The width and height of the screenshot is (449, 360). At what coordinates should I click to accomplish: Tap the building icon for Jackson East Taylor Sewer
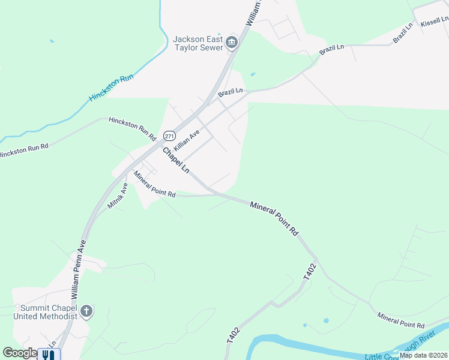pyautogui.click(x=232, y=43)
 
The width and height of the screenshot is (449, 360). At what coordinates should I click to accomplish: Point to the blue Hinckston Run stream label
pyautogui.click(x=111, y=88)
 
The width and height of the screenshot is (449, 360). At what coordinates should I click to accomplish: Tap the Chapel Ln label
pyautogui.click(x=175, y=160)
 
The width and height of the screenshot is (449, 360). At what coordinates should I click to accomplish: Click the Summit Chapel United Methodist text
pyautogui.click(x=45, y=311)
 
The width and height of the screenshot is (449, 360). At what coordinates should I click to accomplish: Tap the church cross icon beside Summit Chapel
pyautogui.click(x=86, y=311)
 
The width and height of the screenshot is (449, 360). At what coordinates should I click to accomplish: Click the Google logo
pyautogui.click(x=19, y=353)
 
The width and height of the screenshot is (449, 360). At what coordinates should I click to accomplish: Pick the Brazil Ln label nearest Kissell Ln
pyautogui.click(x=403, y=34)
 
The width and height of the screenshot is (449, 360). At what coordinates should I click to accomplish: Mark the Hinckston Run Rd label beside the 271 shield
pyautogui.click(x=132, y=128)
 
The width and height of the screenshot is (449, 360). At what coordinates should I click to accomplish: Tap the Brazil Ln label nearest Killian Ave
pyautogui.click(x=230, y=93)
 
